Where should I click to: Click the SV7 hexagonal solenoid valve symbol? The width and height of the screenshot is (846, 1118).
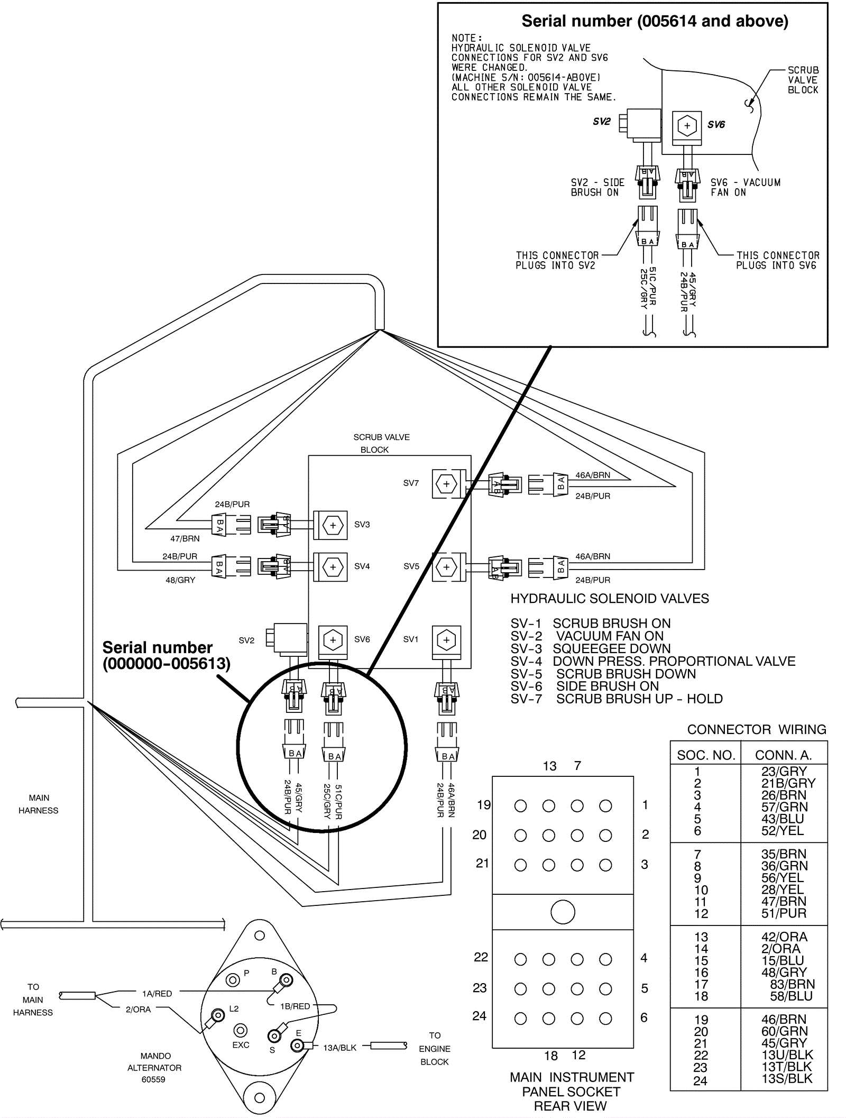(447, 483)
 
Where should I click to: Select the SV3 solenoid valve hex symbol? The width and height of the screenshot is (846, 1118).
(333, 525)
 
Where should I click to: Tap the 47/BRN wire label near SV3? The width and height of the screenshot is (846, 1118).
(185, 539)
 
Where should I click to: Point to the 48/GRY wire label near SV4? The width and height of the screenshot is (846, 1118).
(180, 580)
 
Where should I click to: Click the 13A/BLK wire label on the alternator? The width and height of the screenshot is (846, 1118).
(339, 1048)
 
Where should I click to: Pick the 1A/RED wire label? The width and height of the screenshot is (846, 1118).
(157, 994)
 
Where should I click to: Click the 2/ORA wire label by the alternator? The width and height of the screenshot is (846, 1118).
(138, 1010)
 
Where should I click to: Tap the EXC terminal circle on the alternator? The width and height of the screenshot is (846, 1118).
(241, 1031)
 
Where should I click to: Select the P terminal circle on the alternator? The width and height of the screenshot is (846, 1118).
(233, 980)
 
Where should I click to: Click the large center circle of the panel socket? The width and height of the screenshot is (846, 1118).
(563, 912)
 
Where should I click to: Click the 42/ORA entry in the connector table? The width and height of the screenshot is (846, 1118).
(784, 937)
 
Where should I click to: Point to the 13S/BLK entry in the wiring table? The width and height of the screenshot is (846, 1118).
(787, 1078)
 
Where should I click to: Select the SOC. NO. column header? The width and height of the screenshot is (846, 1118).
(706, 755)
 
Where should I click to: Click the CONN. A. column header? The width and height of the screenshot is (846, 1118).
(783, 755)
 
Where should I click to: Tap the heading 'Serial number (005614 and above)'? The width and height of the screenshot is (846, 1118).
(655, 21)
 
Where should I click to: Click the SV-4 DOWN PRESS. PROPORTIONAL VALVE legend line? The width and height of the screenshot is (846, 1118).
(652, 661)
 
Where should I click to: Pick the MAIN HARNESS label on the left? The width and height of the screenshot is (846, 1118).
(39, 804)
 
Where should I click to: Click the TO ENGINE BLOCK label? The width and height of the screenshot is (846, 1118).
(435, 1049)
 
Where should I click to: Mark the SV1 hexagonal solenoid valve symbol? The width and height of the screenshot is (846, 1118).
(447, 640)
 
